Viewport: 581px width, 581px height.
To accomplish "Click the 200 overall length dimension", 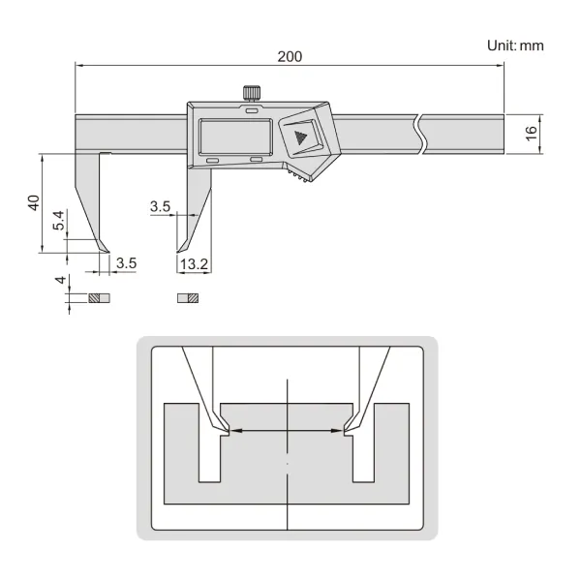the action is tap(290, 57).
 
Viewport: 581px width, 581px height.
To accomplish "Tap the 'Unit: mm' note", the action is tap(515, 46).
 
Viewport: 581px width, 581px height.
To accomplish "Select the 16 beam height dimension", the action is tap(531, 134).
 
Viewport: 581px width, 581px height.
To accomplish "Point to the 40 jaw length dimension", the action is tap(34, 202).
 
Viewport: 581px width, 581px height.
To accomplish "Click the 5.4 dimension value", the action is tap(58, 220).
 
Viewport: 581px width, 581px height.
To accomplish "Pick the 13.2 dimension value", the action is tap(195, 264).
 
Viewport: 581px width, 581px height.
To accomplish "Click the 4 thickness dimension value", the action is tap(60, 280).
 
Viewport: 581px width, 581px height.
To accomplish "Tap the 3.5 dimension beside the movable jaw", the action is tap(160, 206).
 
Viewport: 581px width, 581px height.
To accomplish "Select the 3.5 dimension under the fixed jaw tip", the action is tap(126, 263).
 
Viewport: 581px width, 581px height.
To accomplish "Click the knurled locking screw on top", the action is tap(252, 92).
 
